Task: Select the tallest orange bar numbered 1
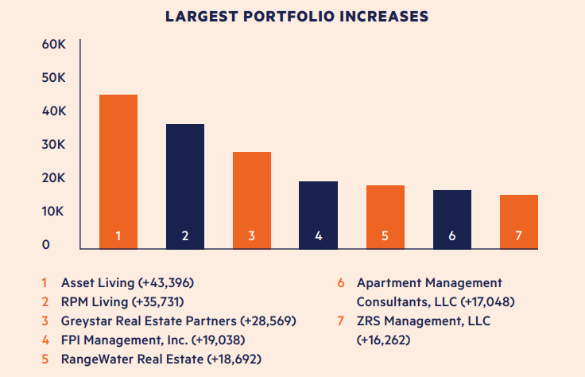click(x=118, y=170)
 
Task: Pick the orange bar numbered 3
click(x=251, y=199)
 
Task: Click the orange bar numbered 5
click(x=385, y=216)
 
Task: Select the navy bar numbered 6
click(x=451, y=218)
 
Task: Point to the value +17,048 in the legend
click(x=472, y=302)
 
